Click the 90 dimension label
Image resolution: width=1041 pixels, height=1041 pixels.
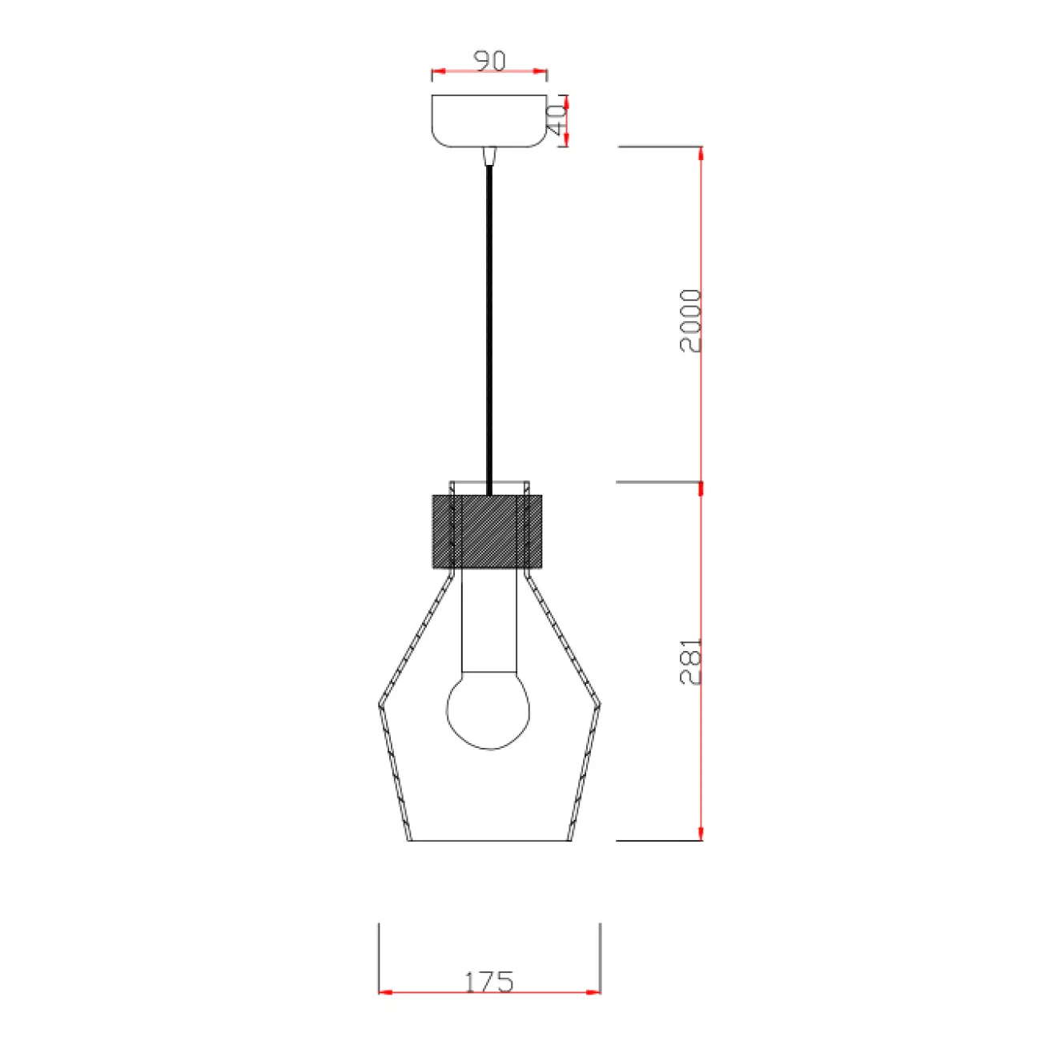489,61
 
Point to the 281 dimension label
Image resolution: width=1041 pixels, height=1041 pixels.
690,661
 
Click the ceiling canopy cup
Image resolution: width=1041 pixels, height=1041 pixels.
489,121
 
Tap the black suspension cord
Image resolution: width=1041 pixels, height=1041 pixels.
489,330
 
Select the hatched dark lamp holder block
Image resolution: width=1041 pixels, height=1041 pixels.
487,531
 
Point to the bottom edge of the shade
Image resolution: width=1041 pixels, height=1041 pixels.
489,841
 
